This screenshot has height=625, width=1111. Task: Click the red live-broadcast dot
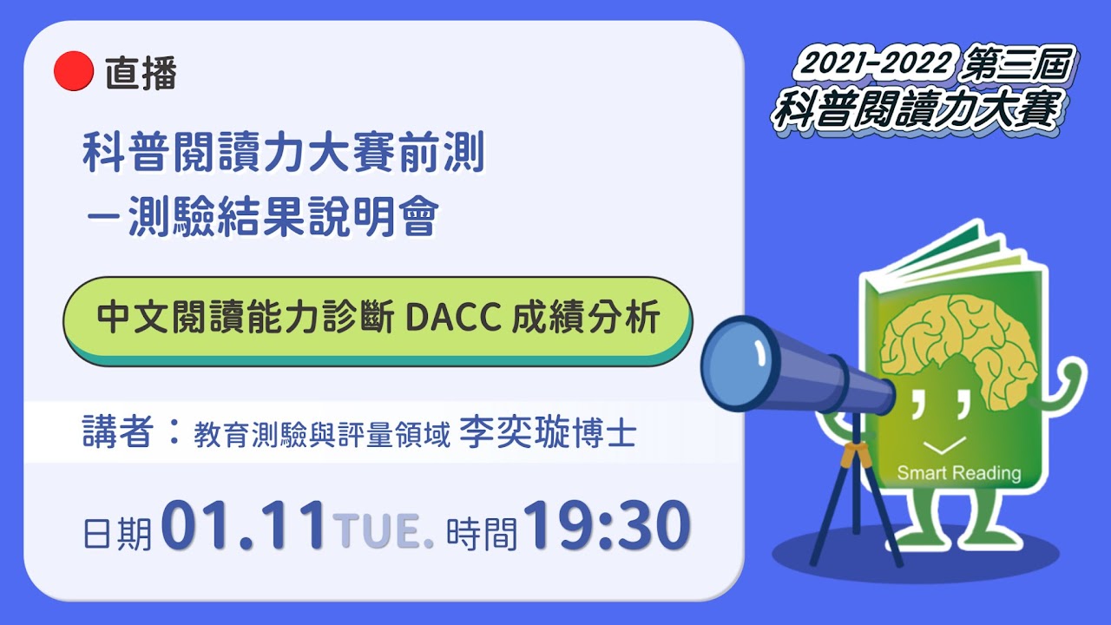click(74, 71)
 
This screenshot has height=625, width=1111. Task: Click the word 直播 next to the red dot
click(141, 74)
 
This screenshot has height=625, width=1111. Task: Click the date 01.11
click(244, 526)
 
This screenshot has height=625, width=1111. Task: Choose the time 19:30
click(607, 526)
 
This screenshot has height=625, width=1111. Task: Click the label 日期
click(117, 534)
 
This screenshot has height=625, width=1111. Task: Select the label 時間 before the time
click(482, 534)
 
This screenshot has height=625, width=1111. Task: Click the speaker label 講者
click(117, 431)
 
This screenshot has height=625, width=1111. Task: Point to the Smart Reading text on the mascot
click(959, 473)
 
